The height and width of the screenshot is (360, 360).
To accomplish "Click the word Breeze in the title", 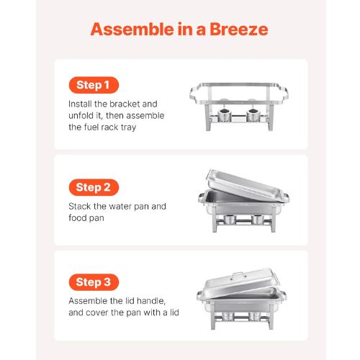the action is pos(239,30).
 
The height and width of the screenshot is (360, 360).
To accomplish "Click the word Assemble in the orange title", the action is pos(132,30).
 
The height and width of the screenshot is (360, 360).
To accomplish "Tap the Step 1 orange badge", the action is pos(94,85).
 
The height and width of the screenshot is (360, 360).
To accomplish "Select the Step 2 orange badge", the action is pos(94,187).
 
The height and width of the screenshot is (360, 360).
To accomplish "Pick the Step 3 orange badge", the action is pos(94,282).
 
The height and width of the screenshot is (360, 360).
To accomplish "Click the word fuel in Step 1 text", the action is pos(91,127).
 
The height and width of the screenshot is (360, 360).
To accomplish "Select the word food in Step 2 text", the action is pos(77,218).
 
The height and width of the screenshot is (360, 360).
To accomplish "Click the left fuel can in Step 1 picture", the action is pos(225,115).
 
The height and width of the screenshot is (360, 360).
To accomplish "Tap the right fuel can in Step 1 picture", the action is pos(253,115).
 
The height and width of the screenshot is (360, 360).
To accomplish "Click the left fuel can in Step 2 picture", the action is pos(230,220).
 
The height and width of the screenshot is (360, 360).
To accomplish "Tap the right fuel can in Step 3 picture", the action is pos(254,316).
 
